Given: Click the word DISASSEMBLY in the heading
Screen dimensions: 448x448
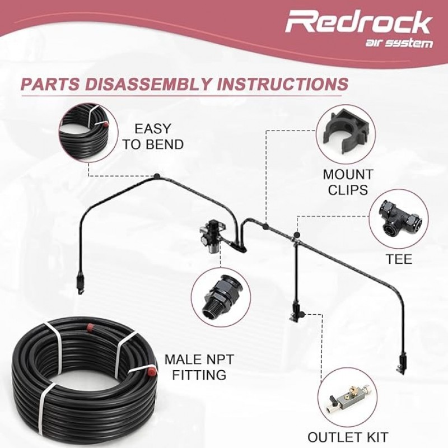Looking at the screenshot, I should (153, 85).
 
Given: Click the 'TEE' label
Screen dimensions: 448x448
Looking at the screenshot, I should (399, 259).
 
